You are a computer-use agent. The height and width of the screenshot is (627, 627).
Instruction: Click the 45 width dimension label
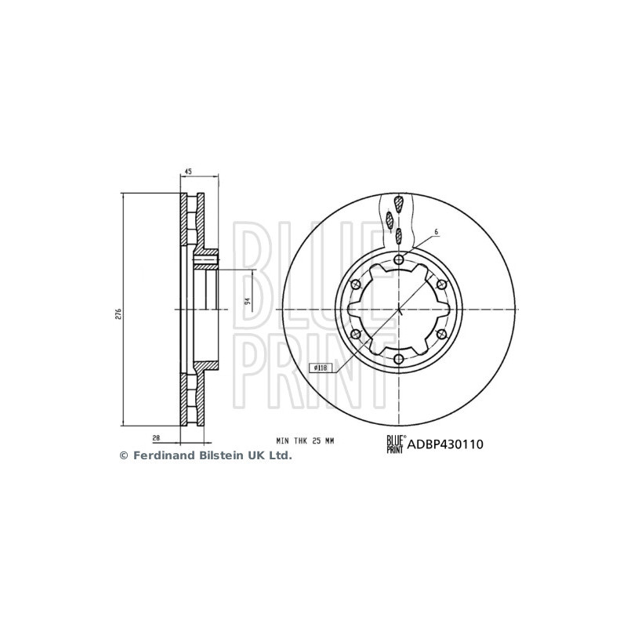(188, 172)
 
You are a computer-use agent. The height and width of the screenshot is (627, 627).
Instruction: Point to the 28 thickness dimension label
(156, 438)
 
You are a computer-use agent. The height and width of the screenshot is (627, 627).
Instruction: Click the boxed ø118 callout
(321, 368)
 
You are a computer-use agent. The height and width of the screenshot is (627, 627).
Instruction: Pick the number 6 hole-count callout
(437, 231)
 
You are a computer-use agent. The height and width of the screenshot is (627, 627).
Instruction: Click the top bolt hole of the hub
(399, 260)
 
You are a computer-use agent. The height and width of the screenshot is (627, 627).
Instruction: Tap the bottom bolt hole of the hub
(399, 359)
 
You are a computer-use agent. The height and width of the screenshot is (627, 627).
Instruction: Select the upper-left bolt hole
(356, 285)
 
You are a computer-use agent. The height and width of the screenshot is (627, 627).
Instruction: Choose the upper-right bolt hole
(441, 285)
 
